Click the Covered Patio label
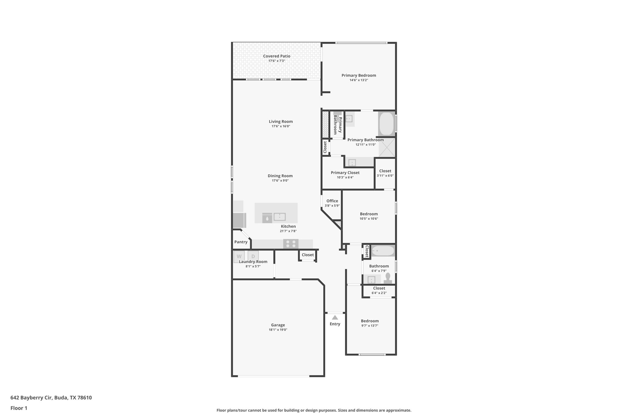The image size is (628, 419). coord(277,56)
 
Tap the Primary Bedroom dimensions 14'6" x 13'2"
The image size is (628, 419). coord(359,80)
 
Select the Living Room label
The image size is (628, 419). coord(281,122)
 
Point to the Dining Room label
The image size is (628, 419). coord(280,176)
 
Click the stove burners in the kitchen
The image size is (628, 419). coord(291,244)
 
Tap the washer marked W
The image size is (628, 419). coord(239,256)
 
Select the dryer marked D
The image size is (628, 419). coord(253,256)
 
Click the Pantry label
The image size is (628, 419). coord(241,242)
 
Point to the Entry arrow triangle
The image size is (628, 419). coord(335,317)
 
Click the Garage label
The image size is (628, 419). coord(278,325)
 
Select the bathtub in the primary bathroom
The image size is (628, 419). coord(386,124)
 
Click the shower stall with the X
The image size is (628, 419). coord(387,148)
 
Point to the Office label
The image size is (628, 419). coord(332,201)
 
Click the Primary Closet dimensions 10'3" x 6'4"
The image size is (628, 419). coord(345,177)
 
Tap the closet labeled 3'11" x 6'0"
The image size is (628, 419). coord(385,173)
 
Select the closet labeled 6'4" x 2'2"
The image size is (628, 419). coord(379,290)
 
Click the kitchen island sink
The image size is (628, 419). coord(280,217)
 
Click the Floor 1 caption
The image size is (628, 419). coord(19,408)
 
